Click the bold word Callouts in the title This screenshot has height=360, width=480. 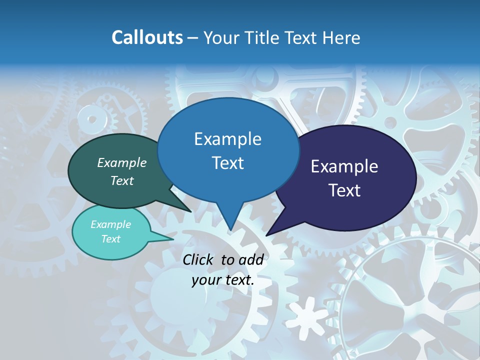click(x=147, y=37)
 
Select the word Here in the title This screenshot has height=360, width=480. click(x=341, y=37)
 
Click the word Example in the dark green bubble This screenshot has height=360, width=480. click(x=122, y=162)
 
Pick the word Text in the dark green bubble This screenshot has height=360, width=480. click(x=122, y=180)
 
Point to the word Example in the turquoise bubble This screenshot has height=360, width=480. click(x=111, y=224)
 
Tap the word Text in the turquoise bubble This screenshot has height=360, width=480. click(x=111, y=239)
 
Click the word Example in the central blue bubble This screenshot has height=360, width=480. click(x=227, y=138)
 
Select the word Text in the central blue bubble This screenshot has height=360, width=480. click(x=227, y=162)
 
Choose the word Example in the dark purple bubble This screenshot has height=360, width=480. click(x=344, y=166)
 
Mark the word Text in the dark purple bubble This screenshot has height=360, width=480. click(x=344, y=190)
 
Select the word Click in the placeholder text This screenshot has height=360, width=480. click(x=198, y=259)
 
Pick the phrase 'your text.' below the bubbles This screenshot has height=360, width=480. click(x=222, y=280)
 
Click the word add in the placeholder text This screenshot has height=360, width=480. click(x=251, y=259)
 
